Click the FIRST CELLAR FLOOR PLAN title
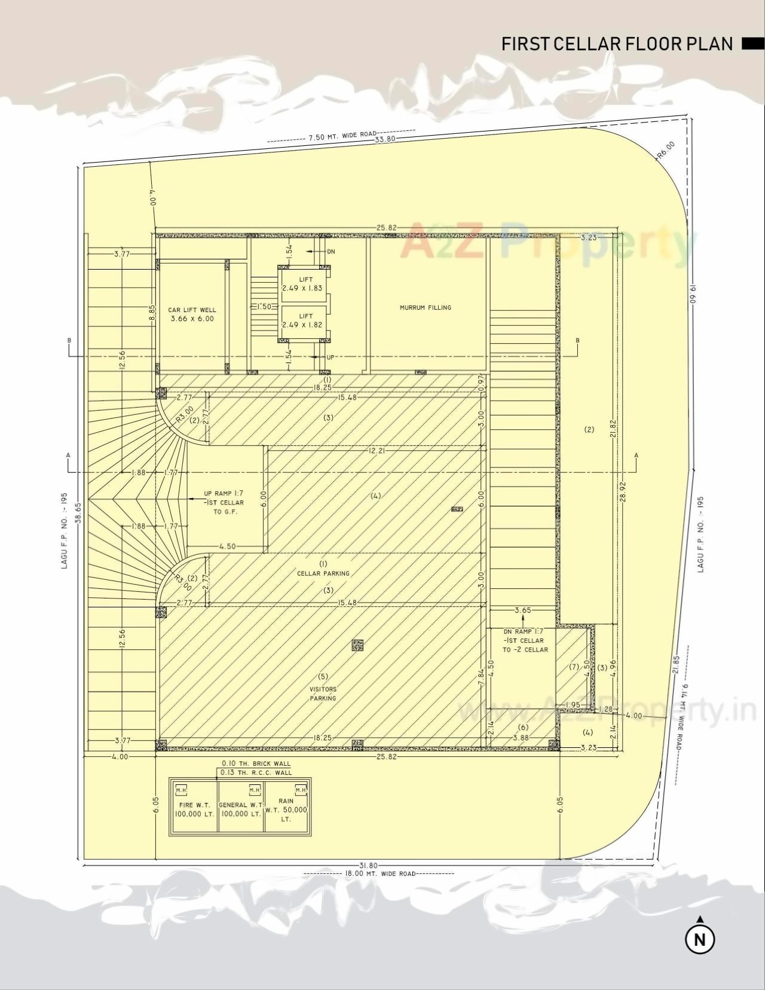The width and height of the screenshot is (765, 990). (x=617, y=44)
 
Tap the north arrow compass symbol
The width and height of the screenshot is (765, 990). (x=700, y=939)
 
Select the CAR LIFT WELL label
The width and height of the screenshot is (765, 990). (x=191, y=314)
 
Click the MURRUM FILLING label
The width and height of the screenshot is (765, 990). (x=426, y=308)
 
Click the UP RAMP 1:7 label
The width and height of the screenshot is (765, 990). (x=224, y=503)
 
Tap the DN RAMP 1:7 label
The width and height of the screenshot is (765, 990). (x=524, y=640)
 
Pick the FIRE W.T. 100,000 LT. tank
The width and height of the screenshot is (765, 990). (x=194, y=809)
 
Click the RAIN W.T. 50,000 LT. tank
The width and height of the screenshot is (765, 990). (x=286, y=809)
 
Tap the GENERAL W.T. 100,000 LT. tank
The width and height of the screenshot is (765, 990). (x=240, y=809)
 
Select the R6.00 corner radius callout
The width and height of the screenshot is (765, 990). (x=665, y=149)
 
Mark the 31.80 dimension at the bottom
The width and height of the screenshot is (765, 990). (x=368, y=865)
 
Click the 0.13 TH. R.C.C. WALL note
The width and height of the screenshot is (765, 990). (x=256, y=772)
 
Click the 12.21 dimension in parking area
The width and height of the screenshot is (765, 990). (x=377, y=451)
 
